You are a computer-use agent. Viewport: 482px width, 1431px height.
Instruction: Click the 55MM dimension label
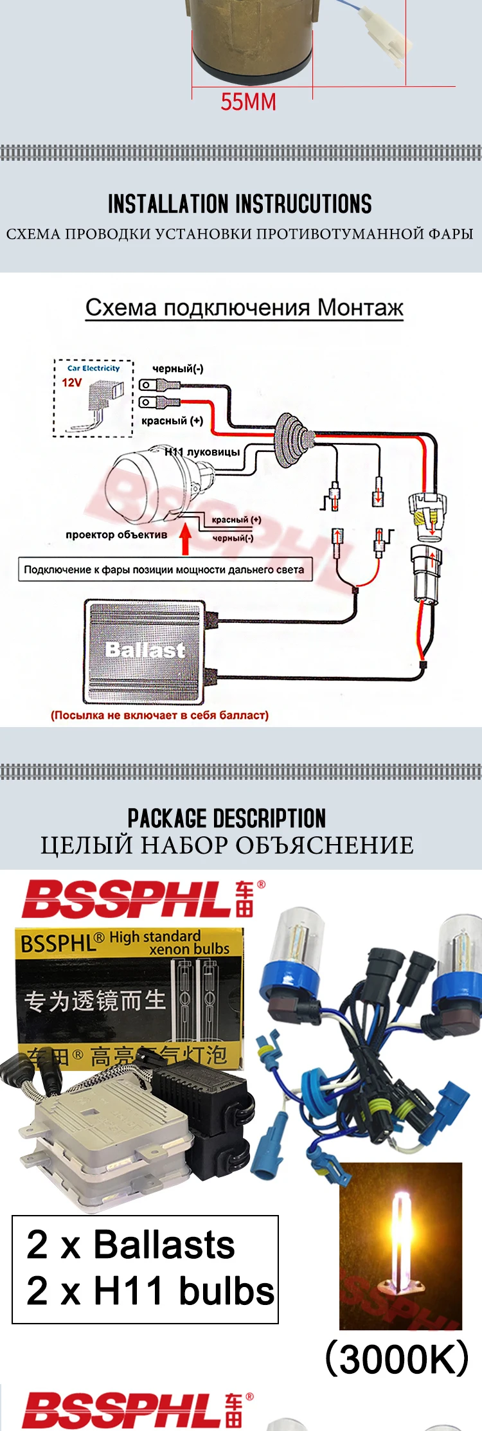click(248, 102)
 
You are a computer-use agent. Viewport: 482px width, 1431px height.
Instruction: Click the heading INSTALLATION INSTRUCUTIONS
click(240, 204)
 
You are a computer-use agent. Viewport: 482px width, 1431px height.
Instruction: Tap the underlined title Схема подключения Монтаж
click(244, 308)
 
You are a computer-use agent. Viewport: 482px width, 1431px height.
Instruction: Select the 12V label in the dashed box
click(72, 382)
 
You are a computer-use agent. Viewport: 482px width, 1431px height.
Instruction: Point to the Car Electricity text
click(94, 368)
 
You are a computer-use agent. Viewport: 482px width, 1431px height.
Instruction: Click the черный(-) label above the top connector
click(177, 368)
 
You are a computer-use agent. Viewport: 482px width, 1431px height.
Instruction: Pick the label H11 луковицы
click(202, 452)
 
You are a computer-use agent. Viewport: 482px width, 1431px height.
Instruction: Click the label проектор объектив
click(116, 534)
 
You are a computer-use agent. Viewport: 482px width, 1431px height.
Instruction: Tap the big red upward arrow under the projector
click(186, 540)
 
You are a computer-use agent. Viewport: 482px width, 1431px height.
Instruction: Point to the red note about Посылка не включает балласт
click(159, 715)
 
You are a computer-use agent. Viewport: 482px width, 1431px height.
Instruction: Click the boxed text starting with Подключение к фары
click(165, 570)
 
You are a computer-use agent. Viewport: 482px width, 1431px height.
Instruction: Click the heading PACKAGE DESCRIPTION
click(227, 818)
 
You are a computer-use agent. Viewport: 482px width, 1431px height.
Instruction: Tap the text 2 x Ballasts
click(131, 1244)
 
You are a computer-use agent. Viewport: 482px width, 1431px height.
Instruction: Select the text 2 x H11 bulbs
click(150, 1290)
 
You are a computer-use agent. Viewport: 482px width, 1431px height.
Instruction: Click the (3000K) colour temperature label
click(397, 1358)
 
